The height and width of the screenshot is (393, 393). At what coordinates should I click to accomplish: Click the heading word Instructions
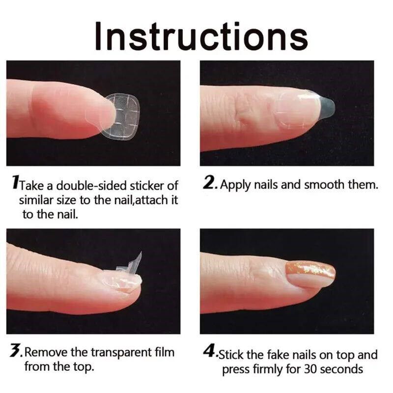[x=201, y=36]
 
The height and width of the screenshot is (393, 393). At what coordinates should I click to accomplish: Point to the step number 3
[x=16, y=350]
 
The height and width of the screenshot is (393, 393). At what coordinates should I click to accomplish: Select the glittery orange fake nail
[x=310, y=274]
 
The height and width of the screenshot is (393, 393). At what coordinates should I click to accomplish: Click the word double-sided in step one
[x=91, y=186]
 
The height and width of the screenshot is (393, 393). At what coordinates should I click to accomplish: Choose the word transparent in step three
[x=121, y=352]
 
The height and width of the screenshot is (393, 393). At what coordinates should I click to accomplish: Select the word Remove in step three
[x=46, y=352]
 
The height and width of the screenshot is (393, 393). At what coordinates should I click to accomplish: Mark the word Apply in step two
[x=236, y=185]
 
